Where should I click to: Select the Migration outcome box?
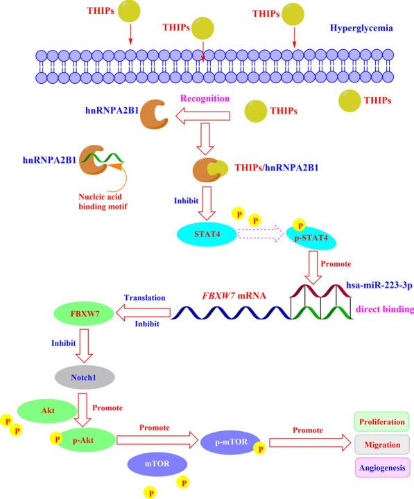point(380,444)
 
